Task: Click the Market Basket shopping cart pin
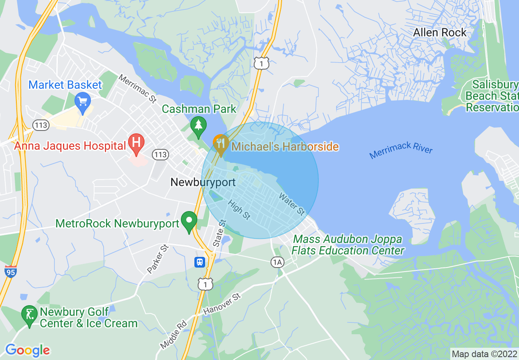tap(83, 100)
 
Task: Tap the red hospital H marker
tap(136, 143)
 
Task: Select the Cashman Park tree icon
tap(199, 124)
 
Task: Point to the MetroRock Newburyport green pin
tap(189, 220)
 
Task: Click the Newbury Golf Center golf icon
tap(29, 315)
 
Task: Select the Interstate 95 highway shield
tap(11, 272)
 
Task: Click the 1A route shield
tap(278, 262)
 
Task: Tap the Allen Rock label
tap(440, 33)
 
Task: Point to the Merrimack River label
tap(401, 150)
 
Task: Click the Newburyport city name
tap(203, 182)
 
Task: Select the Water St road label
tap(291, 204)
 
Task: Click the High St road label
tap(239, 209)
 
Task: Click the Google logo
tap(27, 350)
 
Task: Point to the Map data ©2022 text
tap(484, 353)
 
